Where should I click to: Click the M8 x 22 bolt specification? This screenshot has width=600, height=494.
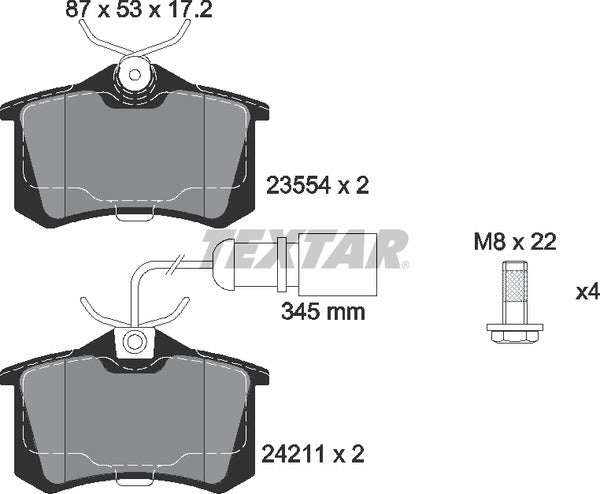[x=514, y=241]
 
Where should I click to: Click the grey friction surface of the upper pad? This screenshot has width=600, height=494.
[x=134, y=150]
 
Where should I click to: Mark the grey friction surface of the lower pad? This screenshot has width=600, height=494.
[x=134, y=420]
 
